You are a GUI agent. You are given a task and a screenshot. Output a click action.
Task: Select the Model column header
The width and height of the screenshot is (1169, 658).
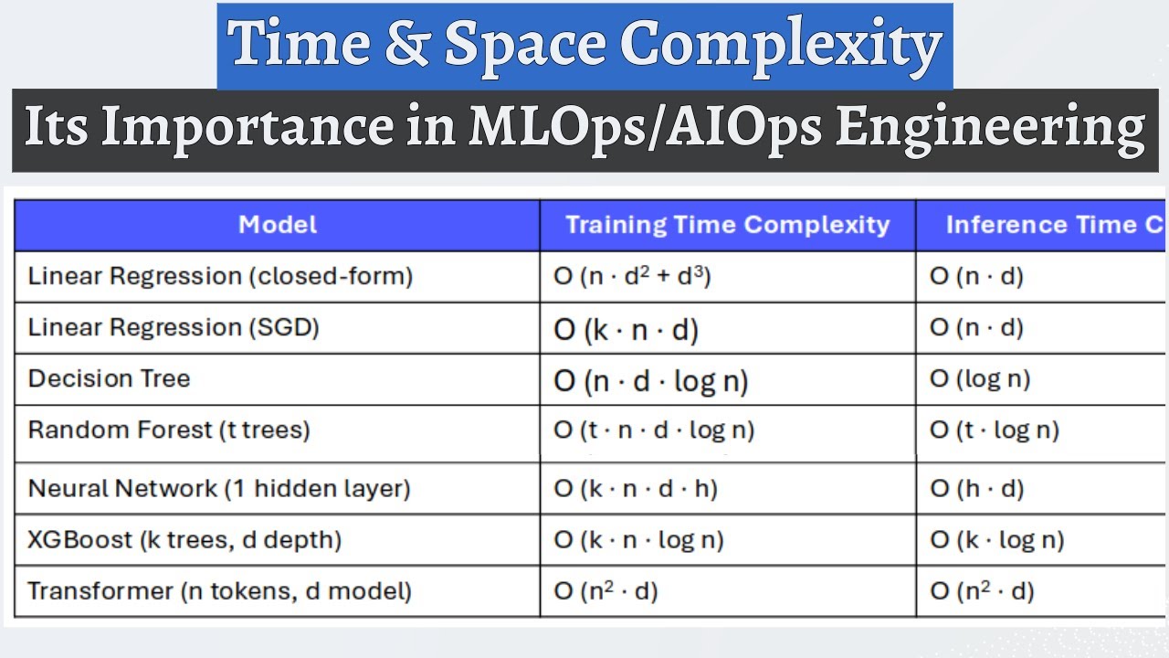pos(278,225)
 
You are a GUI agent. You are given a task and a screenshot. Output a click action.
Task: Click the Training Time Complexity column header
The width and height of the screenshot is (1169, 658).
pos(727,225)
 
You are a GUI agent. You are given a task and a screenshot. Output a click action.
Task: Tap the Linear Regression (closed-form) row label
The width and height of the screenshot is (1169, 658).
pos(220,276)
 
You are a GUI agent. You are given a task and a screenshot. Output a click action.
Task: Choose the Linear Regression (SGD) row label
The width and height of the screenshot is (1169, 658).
pos(174,327)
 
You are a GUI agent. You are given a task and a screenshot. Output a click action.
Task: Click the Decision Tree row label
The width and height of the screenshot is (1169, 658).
pos(109,378)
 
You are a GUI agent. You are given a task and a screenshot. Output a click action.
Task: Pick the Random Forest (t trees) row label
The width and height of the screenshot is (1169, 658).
pos(169,430)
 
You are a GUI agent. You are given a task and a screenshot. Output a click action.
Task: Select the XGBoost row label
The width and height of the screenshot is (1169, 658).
pos(184,539)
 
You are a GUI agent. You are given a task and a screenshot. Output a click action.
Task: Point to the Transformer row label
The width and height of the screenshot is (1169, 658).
pos(219,590)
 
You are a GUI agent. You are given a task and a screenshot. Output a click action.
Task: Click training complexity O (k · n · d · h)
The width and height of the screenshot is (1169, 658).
pos(636,489)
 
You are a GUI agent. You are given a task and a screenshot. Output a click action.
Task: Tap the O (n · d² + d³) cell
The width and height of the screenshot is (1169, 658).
pos(632,276)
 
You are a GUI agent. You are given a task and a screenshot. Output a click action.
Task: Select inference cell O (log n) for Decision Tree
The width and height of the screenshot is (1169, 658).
pos(980,378)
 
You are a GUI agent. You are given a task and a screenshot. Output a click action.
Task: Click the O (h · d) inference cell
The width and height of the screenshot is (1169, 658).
pos(976,489)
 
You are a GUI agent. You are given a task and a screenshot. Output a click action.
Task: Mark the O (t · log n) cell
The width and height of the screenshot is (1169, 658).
pos(994,430)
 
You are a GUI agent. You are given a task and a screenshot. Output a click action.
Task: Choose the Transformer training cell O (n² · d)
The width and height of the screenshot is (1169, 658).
pos(606,591)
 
